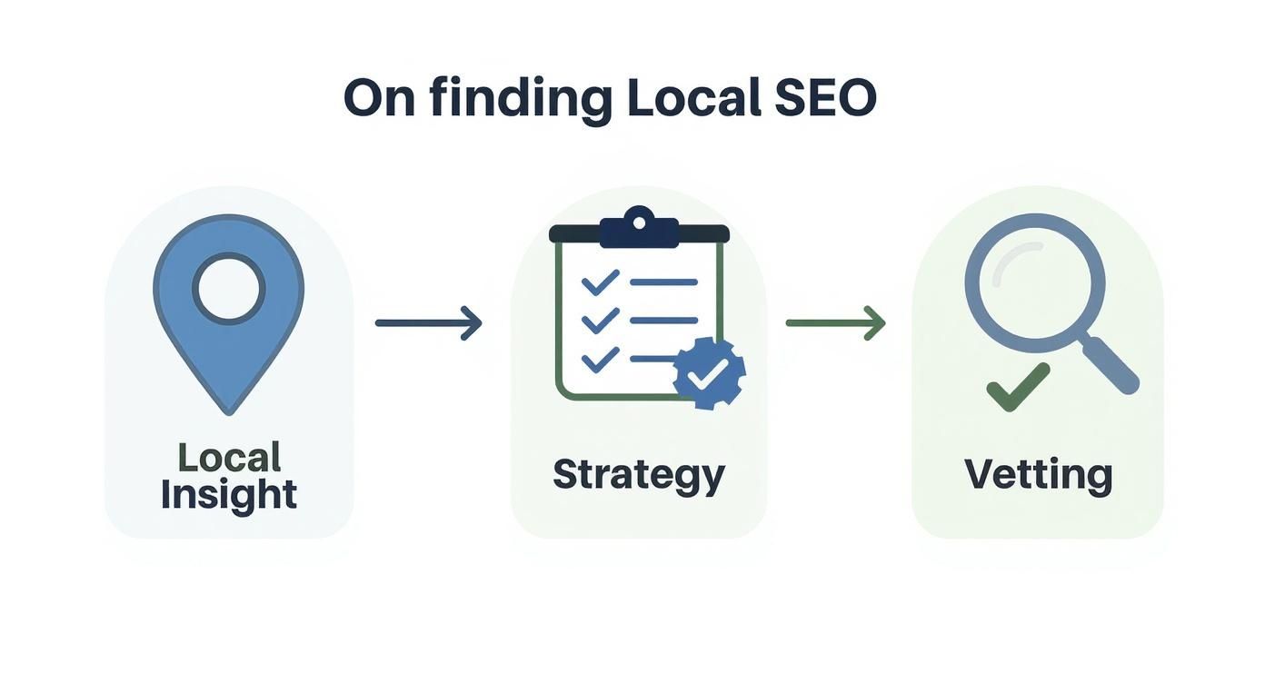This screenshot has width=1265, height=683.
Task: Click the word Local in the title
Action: [x=693, y=97]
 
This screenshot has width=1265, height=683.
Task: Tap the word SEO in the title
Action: [x=825, y=97]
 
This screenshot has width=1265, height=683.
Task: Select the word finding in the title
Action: [x=521, y=99]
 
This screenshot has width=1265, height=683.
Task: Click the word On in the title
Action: [x=379, y=97]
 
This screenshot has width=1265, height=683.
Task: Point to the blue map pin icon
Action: [x=228, y=354]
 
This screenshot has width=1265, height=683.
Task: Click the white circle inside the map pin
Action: [x=228, y=289]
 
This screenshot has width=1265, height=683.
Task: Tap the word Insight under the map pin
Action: [x=229, y=495]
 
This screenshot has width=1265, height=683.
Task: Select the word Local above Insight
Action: [x=229, y=458]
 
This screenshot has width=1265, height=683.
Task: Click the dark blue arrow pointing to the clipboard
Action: [x=428, y=322]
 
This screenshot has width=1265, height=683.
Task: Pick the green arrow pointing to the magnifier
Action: [x=835, y=322]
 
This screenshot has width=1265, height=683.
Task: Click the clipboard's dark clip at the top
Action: [x=639, y=229]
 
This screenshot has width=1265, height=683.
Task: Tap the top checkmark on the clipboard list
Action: [x=600, y=282]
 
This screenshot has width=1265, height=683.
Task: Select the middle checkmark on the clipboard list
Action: [x=600, y=321]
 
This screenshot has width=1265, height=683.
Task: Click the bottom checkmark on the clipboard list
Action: [x=600, y=360]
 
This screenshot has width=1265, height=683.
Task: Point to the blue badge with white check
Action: [x=710, y=371]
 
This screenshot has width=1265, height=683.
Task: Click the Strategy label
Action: [x=639, y=475]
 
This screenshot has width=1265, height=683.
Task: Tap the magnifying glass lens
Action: [x=1035, y=282]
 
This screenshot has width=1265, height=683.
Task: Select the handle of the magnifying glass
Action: [x=1111, y=364]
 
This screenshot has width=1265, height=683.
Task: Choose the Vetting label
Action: [x=1038, y=475]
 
